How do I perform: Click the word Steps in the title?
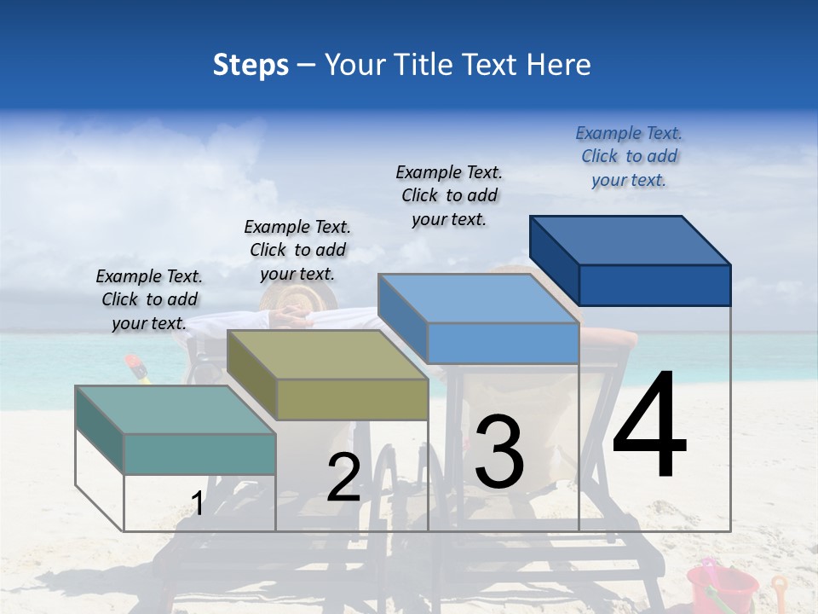coord(251,65)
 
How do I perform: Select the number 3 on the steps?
coord(499,451)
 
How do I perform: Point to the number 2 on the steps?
coord(343,478)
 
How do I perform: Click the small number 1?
coord(198,503)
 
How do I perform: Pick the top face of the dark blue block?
coord(631,240)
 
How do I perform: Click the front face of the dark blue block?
coord(654,285)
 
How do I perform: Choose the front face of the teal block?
coord(199,454)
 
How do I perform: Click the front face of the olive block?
coord(352,399)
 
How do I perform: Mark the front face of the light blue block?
coord(503,343)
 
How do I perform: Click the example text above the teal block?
coord(149,299)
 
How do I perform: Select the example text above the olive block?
coord(297,250)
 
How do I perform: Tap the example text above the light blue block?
coord(449,195)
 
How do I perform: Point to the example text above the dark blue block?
coord(629,156)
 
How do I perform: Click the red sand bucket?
coord(721,587)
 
